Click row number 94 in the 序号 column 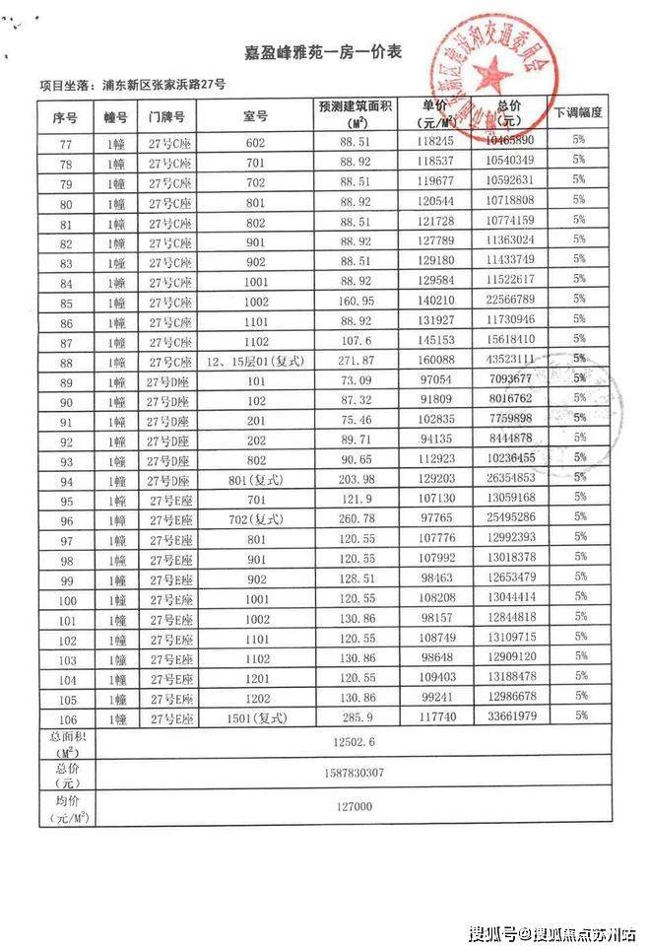point(66,481)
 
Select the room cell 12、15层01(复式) point(255,362)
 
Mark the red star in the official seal point(487,72)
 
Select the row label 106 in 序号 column point(66,716)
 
